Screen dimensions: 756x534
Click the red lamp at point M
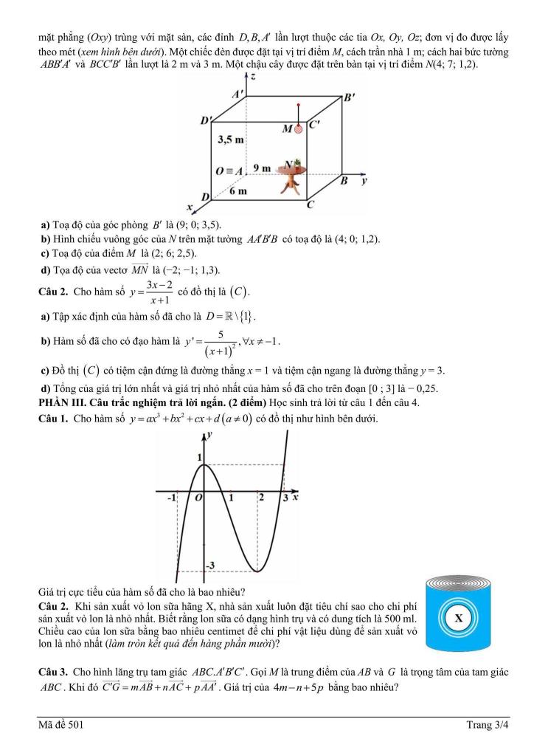299,128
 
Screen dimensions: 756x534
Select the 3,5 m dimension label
232,139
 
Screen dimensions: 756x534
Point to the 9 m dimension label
261,168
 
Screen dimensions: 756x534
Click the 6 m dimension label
237,191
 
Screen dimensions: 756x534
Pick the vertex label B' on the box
349,97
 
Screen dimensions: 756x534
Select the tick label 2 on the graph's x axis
260,497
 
